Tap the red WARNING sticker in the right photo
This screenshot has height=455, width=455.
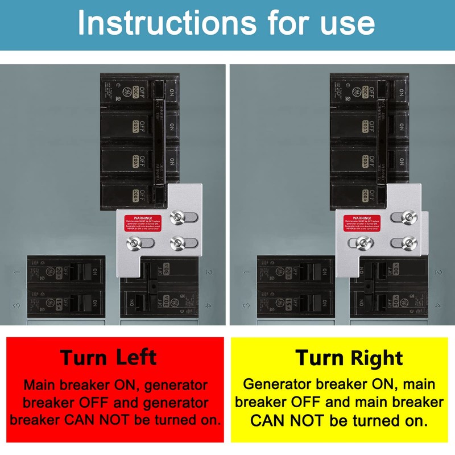tap(362, 224)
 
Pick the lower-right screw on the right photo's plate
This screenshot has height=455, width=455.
tap(407, 243)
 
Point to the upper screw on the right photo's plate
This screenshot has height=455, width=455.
tap(407, 217)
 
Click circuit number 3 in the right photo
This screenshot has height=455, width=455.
tap(247, 305)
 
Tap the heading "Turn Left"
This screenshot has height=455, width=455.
tap(108, 357)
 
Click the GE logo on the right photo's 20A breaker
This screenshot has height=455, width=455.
tap(273, 272)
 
